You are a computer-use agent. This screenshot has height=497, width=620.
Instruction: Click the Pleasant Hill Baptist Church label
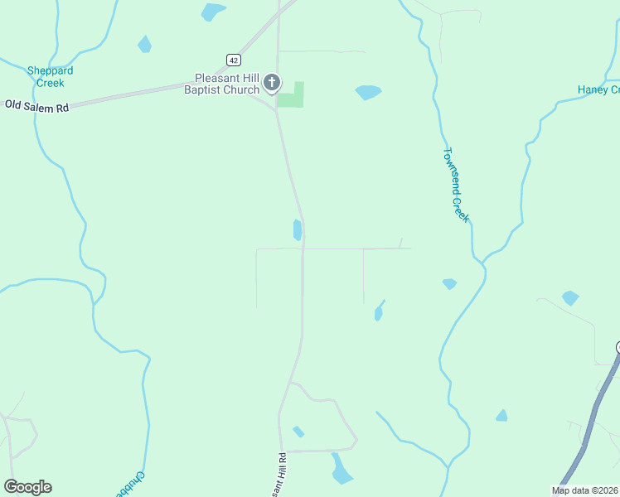point(226,84)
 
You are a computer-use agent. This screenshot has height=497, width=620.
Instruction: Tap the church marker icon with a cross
point(272,83)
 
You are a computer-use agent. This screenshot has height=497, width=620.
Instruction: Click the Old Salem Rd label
point(36,105)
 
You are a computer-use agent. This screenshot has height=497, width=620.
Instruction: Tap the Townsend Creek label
point(457,185)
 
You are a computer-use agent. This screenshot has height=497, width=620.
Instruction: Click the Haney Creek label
point(598,89)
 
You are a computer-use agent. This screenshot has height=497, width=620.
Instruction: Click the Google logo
point(27,487)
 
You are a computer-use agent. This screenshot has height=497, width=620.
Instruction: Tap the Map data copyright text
point(584,490)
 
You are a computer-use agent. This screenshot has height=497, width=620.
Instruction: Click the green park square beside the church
point(290,95)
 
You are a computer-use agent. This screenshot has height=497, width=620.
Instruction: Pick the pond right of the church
point(368,92)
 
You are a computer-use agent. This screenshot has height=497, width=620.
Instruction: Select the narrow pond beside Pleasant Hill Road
point(297,229)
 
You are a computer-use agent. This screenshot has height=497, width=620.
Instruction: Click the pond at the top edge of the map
point(213,12)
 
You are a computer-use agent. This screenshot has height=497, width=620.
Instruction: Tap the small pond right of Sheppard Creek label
point(145,45)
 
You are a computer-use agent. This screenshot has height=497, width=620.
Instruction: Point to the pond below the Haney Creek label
point(570,297)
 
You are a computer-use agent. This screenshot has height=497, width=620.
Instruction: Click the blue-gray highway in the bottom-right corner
point(589,430)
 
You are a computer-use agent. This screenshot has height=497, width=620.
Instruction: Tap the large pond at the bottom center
point(341,471)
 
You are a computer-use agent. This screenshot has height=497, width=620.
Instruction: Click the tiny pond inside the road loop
point(298,432)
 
